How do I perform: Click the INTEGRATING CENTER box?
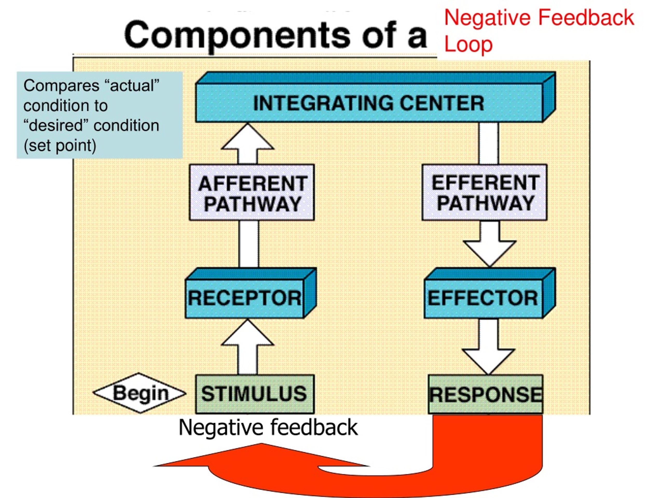coord(375,97)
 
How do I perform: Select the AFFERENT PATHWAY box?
coord(252,192)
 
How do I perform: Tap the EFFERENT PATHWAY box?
coord(485,192)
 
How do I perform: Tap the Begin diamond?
coord(139,393)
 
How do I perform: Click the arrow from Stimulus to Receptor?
coord(248,347)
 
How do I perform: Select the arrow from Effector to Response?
coord(488,347)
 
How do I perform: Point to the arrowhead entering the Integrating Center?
coord(248,137)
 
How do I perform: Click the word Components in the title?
coord(237,36)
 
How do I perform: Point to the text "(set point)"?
coord(60,145)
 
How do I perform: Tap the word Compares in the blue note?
coord(61,86)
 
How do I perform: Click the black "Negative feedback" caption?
coord(268,427)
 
